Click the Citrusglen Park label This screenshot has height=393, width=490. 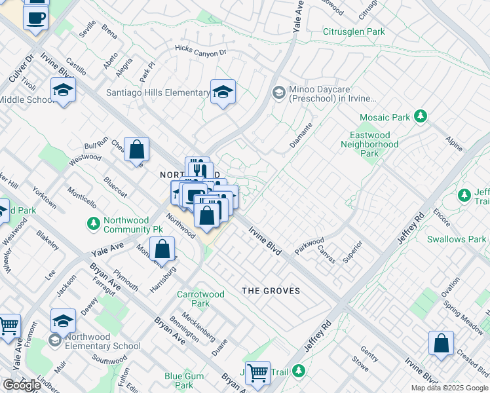coord(354,31)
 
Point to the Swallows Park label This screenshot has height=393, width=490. coord(456,239)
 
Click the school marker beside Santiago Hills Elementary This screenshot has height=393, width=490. coord(223,92)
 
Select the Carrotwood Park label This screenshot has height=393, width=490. coord(202,299)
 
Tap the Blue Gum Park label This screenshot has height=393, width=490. coord(183,381)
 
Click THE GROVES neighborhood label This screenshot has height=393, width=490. coord(271,291)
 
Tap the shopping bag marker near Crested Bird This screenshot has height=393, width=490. coord(441,343)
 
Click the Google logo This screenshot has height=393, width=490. coord(22,385)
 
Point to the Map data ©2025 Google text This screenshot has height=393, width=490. coord(449,388)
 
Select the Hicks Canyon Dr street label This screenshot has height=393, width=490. coord(200,50)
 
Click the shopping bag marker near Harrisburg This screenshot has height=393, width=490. coord(162,250)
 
